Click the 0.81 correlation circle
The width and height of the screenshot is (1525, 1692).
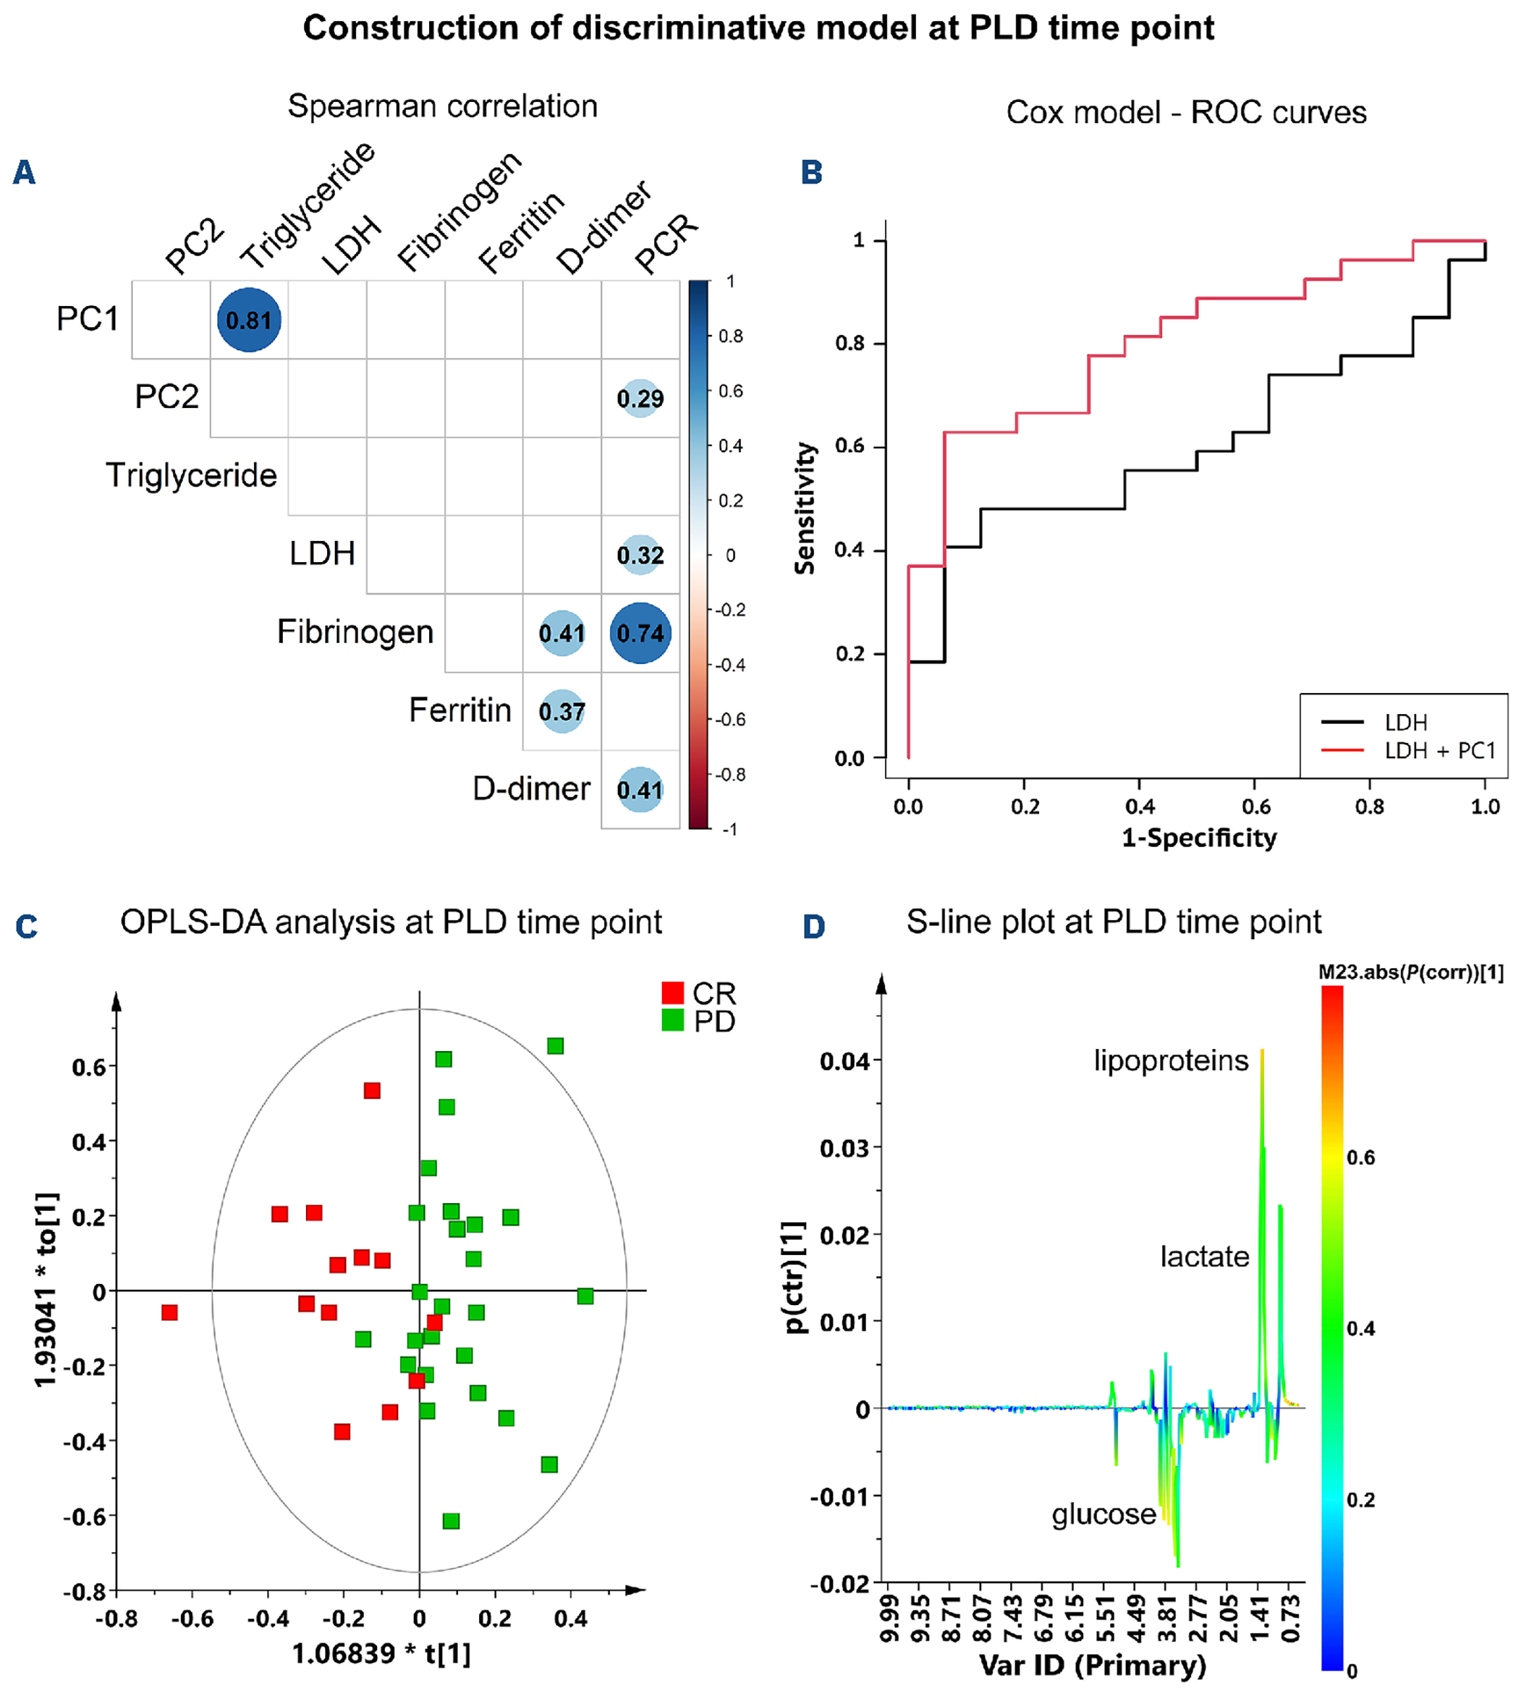249,320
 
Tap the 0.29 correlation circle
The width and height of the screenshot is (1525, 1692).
640,398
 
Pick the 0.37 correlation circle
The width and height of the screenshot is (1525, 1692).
561,711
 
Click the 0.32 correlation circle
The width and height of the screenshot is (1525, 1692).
640,555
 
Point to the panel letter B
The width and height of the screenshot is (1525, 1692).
811,172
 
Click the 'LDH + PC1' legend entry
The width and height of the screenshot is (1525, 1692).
1438,751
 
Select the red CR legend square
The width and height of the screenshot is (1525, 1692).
672,993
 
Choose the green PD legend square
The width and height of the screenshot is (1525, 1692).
672,1021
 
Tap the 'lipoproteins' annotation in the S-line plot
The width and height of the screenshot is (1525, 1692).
1170,1061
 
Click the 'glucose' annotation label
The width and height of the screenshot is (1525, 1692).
1104,1514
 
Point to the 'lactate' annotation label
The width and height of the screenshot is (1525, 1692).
1204,1257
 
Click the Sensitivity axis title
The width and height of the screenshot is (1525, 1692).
805,508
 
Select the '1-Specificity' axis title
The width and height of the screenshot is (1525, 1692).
1199,837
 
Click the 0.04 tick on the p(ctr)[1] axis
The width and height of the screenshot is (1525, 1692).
845,1062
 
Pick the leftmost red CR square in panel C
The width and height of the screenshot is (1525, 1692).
170,1312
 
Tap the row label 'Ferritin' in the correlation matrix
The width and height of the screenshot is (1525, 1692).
459,711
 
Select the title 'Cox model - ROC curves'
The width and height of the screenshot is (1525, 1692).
1186,113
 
